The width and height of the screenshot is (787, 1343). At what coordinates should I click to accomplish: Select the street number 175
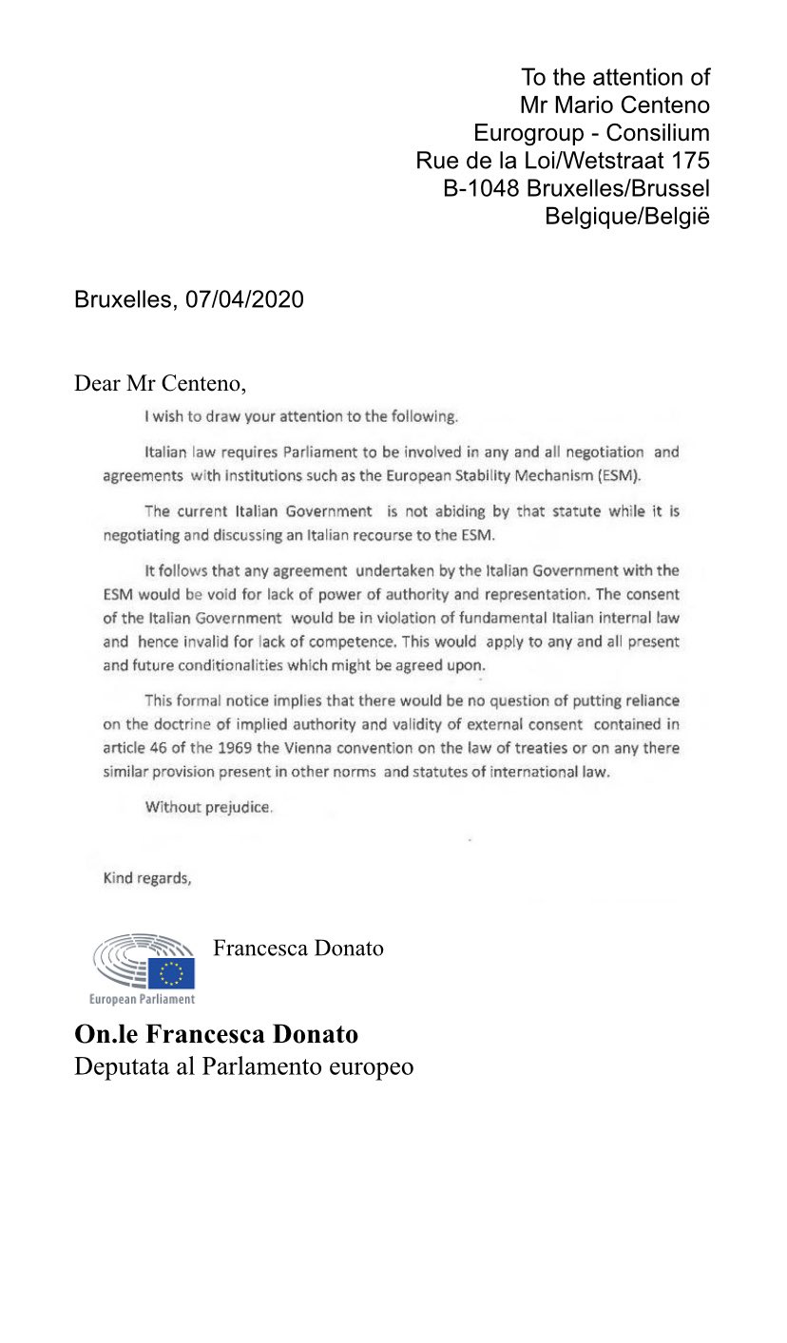point(691,160)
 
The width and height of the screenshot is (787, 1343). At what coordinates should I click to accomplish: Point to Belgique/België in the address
point(627,216)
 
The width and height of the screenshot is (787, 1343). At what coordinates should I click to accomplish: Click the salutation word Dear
point(97,384)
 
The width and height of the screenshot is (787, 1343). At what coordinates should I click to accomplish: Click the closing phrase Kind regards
point(147,878)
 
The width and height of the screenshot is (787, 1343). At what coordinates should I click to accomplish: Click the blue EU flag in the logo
point(171,972)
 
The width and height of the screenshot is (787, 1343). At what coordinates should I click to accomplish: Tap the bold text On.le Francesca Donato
point(216,1033)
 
